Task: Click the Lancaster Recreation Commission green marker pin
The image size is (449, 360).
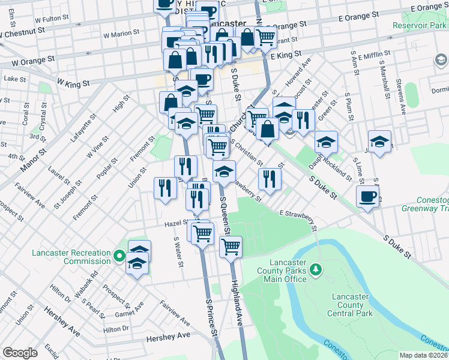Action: [x=119, y=258]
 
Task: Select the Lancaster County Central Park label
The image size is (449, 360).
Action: [x=354, y=305]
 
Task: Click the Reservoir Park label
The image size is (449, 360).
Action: [x=418, y=26]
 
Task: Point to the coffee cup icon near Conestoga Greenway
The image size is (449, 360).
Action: [x=367, y=196]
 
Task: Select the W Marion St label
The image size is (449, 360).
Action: [x=121, y=35]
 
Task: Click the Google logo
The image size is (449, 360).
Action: [x=20, y=353]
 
